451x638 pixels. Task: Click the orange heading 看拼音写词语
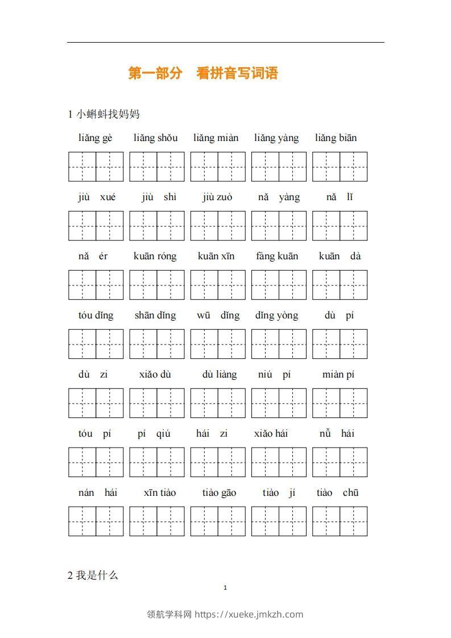click(x=237, y=73)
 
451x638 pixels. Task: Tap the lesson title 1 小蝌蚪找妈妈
click(x=104, y=114)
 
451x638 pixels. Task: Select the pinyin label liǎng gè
click(x=96, y=138)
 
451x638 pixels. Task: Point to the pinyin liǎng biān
click(x=336, y=138)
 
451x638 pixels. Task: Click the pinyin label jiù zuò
click(x=217, y=197)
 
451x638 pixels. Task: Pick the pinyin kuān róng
click(x=155, y=256)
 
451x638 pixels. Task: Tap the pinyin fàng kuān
click(x=277, y=256)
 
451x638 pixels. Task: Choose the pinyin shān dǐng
click(x=155, y=316)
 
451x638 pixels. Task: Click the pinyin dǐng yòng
click(x=277, y=316)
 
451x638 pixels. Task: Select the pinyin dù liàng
click(x=220, y=375)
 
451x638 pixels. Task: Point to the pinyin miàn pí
click(x=338, y=375)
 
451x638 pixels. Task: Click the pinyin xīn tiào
click(x=160, y=493)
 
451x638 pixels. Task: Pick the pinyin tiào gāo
click(x=219, y=493)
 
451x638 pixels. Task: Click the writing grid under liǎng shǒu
click(x=157, y=167)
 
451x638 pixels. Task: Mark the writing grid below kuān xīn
click(x=218, y=285)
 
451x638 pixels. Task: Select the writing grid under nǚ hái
click(x=340, y=462)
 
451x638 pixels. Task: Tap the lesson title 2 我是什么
click(x=93, y=575)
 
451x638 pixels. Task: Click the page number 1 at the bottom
click(x=226, y=588)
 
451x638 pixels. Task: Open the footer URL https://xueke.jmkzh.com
click(x=249, y=614)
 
